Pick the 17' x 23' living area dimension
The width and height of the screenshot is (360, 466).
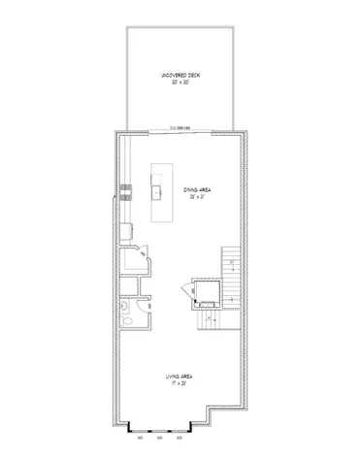coord(180,382)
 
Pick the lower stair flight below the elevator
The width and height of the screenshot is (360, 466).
coord(213,319)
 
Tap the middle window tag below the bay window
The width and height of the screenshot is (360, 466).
coord(159,439)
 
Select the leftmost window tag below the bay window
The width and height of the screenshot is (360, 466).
coord(141,439)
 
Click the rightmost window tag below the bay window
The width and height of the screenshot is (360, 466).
coord(180,439)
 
